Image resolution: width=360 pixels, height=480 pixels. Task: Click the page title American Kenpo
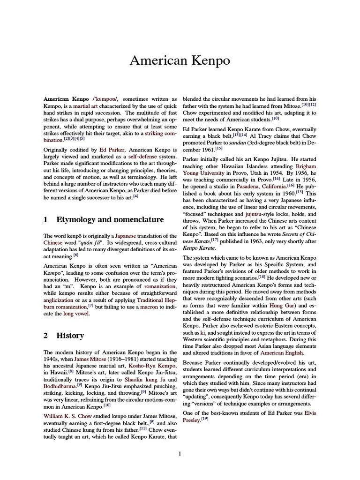pos(180,60)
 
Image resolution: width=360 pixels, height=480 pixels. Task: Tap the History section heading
pos(70,335)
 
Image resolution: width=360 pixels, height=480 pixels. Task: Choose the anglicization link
pos(59,299)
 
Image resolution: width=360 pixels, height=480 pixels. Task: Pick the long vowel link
pos(76,314)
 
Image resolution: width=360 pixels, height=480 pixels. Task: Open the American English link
pos(282,352)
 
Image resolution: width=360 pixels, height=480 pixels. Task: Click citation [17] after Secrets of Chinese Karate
pos(215,240)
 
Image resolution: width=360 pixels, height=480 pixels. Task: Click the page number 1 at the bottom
pos(180,453)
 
